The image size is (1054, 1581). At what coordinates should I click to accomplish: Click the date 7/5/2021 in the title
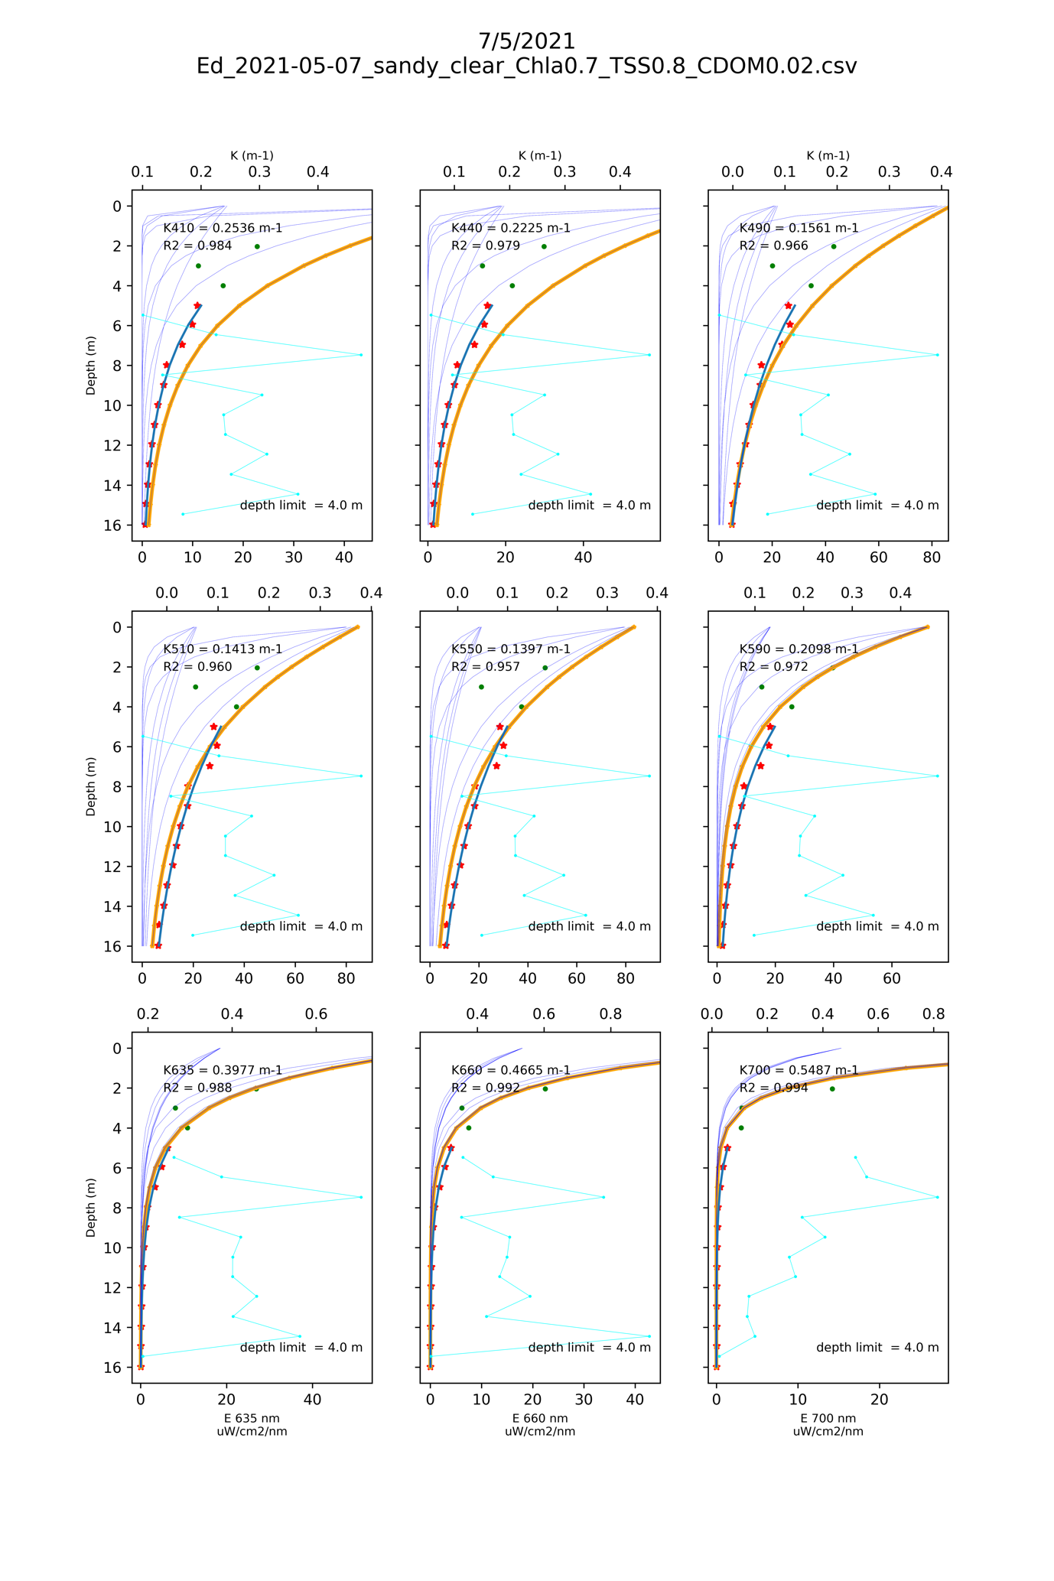526,41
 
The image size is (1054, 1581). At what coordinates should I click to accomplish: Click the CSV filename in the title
526,66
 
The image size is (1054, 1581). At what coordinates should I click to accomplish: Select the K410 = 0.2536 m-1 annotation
223,228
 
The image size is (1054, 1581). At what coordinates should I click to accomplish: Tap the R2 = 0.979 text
485,246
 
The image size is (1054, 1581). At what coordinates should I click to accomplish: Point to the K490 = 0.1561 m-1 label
799,228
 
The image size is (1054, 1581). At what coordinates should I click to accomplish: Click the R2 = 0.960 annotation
197,666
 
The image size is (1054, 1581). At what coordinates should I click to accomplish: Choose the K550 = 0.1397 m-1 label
510,649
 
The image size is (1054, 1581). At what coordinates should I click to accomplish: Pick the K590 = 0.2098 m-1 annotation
799,649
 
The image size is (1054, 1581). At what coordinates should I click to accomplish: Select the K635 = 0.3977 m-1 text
223,1070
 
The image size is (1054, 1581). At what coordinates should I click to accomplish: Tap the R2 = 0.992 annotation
485,1088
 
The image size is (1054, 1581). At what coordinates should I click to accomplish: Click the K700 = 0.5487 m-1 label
799,1070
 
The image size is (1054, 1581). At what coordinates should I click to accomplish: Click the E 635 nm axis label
252,1419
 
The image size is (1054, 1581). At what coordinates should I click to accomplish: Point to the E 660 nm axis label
540,1419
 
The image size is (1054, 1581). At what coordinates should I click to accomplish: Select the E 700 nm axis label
828,1419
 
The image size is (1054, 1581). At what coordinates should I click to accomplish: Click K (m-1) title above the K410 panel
252,156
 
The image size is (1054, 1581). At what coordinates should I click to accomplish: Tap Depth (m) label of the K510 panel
91,786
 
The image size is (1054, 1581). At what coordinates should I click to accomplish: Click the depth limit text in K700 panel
877,1348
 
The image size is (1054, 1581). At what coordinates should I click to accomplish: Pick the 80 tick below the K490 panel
932,558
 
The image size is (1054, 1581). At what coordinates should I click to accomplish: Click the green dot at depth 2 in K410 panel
257,246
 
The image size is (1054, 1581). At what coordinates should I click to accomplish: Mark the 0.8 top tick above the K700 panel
934,1014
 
